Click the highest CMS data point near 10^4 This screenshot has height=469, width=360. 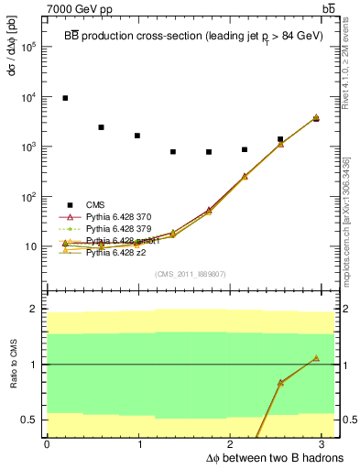tap(65, 97)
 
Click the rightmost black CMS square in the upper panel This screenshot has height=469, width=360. tap(316, 119)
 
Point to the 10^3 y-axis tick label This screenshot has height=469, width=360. tap(29, 147)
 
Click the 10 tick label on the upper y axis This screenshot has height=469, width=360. tap(32, 246)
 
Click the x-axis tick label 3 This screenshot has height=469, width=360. tap(327, 444)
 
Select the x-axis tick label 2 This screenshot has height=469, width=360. tap(234, 444)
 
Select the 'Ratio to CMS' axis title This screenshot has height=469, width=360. tap(12, 365)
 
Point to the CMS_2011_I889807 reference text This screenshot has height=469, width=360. tap(191, 274)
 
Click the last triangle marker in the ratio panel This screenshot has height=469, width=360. tap(316, 358)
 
